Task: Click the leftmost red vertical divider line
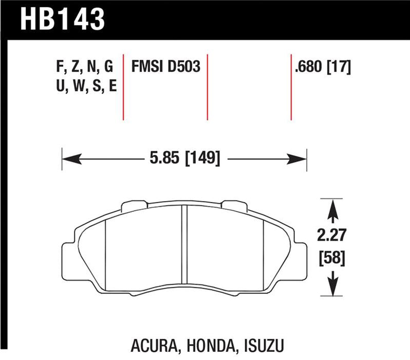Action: [x=123, y=86]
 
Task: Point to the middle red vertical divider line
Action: [x=208, y=86]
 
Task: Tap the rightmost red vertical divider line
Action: [x=291, y=86]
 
